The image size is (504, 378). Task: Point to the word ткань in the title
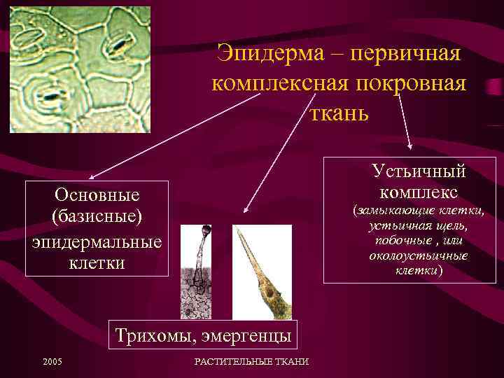tap(339, 113)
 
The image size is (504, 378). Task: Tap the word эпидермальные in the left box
tap(97, 241)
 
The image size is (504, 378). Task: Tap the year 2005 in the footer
tap(52, 361)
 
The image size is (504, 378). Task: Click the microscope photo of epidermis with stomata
tap(80, 69)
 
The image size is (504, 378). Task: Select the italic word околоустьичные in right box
tap(419, 256)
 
